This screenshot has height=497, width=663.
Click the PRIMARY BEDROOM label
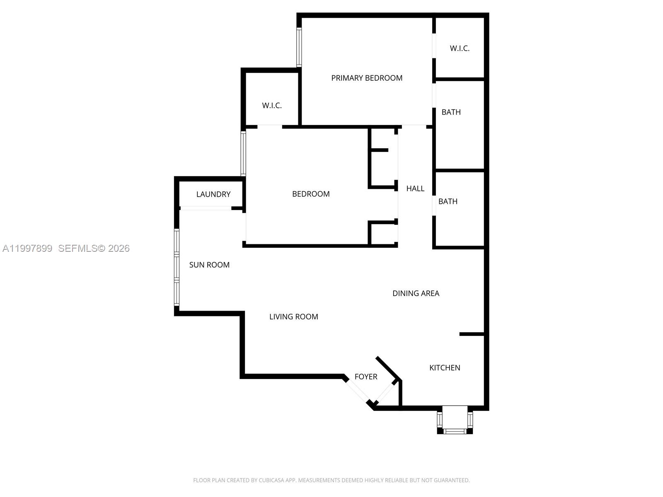(x=367, y=78)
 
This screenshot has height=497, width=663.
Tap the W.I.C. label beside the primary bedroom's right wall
(x=460, y=48)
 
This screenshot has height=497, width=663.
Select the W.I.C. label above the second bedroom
(x=272, y=106)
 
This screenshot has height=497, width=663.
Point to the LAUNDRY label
(x=213, y=194)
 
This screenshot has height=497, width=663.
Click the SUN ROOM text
(x=209, y=265)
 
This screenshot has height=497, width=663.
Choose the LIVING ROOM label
(x=294, y=317)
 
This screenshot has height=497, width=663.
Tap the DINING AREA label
(x=416, y=293)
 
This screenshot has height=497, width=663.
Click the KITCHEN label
(x=445, y=368)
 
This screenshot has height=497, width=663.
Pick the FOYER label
(x=366, y=377)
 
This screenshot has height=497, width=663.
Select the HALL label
(x=415, y=188)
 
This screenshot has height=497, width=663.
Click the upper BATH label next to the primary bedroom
(x=451, y=112)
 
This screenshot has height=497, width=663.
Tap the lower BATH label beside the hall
(x=448, y=202)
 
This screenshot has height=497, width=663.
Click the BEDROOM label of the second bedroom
(x=311, y=194)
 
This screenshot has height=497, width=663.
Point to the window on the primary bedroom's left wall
(x=299, y=47)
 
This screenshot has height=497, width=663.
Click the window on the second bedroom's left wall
(x=243, y=153)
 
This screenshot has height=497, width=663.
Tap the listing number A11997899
(x=27, y=248)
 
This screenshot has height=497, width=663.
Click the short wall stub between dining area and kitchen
(x=472, y=334)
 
